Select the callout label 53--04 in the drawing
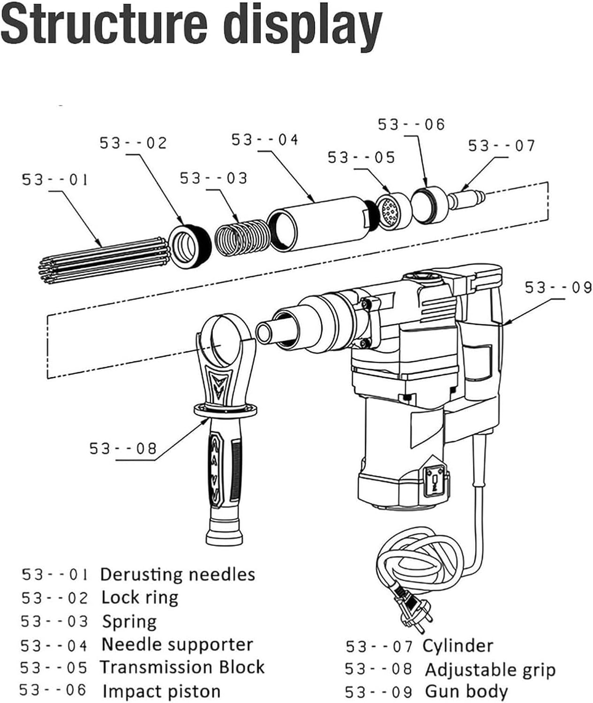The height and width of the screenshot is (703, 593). (265, 140)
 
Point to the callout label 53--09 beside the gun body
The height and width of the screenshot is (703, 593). (558, 287)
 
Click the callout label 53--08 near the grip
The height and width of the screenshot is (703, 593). (123, 449)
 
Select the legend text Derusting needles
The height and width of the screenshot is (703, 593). (177, 575)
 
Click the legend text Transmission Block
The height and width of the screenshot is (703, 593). (182, 667)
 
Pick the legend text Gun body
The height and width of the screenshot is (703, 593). (466, 691)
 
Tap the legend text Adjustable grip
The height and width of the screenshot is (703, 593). (490, 670)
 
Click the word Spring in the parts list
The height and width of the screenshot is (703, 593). (129, 621)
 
